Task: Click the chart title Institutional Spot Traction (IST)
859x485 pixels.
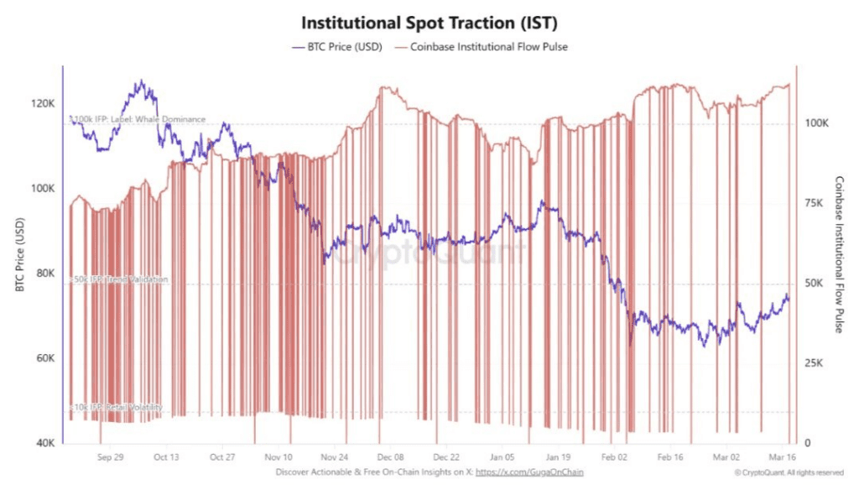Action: click(429, 21)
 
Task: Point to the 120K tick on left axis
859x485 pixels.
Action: click(44, 103)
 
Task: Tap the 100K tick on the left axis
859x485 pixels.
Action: click(44, 189)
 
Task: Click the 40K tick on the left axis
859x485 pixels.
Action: click(45, 443)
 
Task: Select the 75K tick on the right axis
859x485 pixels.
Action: click(817, 203)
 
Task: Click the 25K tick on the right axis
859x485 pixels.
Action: click(817, 363)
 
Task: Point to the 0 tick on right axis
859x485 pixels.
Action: click(809, 443)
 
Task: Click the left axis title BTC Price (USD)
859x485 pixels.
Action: click(19, 255)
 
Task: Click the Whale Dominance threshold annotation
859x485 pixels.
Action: click(139, 119)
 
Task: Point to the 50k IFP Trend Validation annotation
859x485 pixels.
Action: click(121, 279)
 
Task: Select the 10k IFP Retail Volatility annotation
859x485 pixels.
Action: click(118, 408)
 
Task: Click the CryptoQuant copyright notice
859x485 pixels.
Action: click(789, 473)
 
